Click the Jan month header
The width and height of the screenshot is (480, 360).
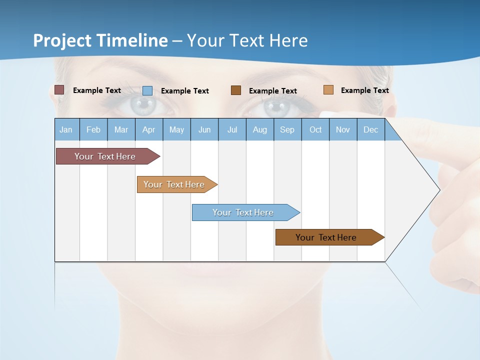point(66,129)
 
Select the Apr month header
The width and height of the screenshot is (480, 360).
point(149,129)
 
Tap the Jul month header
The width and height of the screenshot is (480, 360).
point(232,129)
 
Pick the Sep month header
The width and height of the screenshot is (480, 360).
point(287,129)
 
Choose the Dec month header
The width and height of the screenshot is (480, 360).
point(370,129)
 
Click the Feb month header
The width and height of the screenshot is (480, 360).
point(93,129)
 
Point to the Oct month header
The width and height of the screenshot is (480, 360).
point(315,129)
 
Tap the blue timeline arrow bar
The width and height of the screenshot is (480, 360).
point(245,212)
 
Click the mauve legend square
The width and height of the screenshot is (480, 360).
point(59,90)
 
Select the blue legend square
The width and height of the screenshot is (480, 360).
point(147,90)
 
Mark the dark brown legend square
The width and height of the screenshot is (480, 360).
point(236,90)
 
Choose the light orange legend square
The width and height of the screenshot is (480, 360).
point(328,90)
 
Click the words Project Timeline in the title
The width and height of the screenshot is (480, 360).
point(100,40)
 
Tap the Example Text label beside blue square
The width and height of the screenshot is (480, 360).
point(184,91)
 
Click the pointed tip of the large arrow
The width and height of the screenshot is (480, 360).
point(438,190)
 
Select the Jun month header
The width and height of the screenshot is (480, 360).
point(204,129)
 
